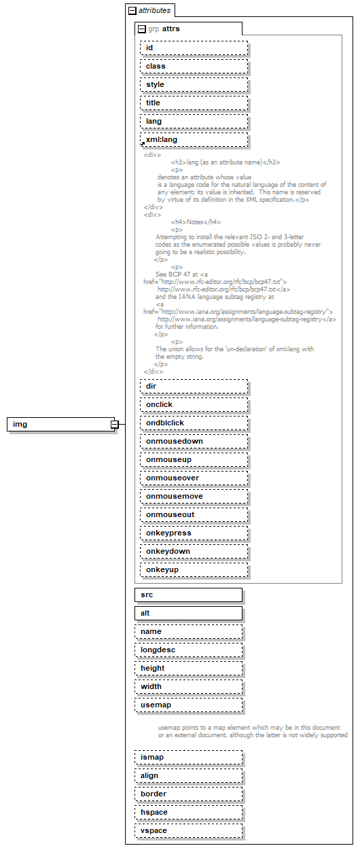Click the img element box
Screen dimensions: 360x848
(60, 425)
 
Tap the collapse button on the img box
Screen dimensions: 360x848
(115, 425)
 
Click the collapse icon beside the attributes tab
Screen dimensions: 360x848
(132, 11)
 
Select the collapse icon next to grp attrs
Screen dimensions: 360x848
(141, 29)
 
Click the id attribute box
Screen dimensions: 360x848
(194, 48)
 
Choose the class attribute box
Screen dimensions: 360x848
(194, 66)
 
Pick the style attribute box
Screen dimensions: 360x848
(194, 84)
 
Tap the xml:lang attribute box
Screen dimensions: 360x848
(194, 139)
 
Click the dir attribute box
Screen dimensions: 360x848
(194, 386)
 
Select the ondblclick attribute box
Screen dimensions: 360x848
(194, 423)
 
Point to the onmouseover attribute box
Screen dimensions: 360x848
(194, 478)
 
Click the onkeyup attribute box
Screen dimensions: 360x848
(194, 569)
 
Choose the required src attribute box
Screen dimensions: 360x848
(188, 595)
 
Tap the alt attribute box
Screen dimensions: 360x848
(188, 613)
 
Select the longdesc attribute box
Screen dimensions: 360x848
(188, 650)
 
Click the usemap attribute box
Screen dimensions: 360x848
(188, 705)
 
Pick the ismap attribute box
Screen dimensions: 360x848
(188, 757)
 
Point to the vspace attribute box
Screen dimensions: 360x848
(188, 830)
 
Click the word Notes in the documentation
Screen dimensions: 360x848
(195, 222)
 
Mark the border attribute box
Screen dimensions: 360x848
(188, 794)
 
